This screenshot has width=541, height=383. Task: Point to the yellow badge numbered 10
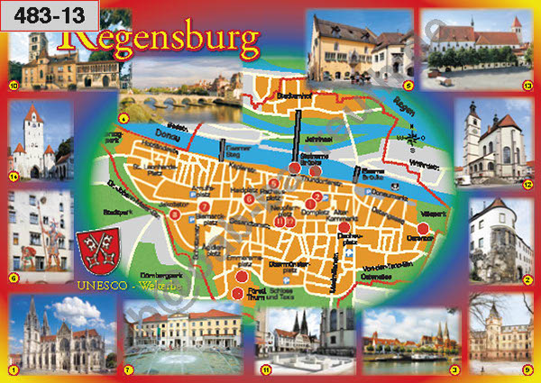13,86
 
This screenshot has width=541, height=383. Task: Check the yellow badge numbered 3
454,369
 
